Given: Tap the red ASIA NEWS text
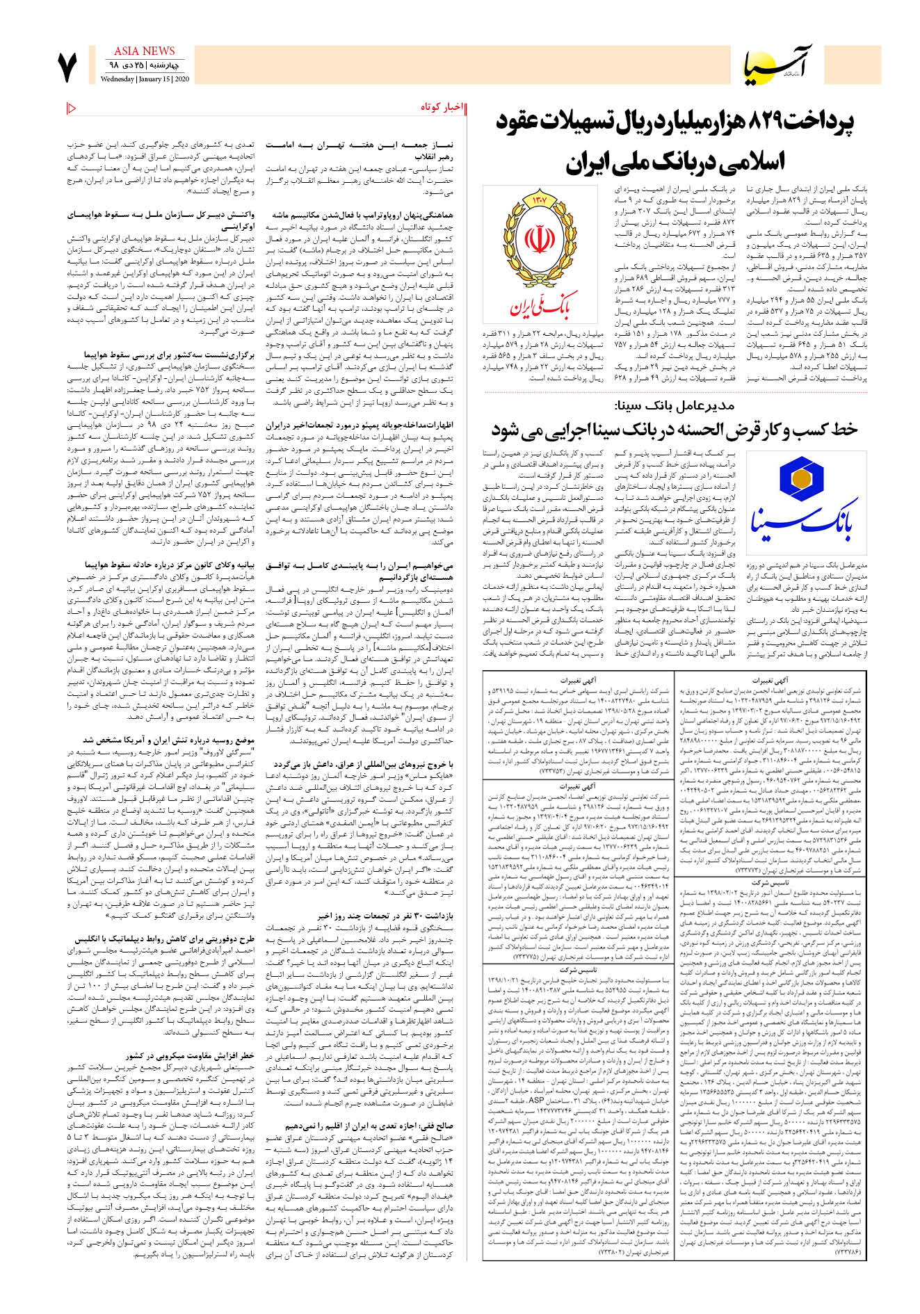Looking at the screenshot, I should click(x=144, y=51).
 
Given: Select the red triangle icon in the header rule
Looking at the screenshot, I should click(x=72, y=108).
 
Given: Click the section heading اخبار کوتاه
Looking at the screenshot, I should click(x=441, y=107).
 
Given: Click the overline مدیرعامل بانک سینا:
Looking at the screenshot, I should click(x=674, y=405).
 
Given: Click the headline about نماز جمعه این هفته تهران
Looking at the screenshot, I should click(x=360, y=149).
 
